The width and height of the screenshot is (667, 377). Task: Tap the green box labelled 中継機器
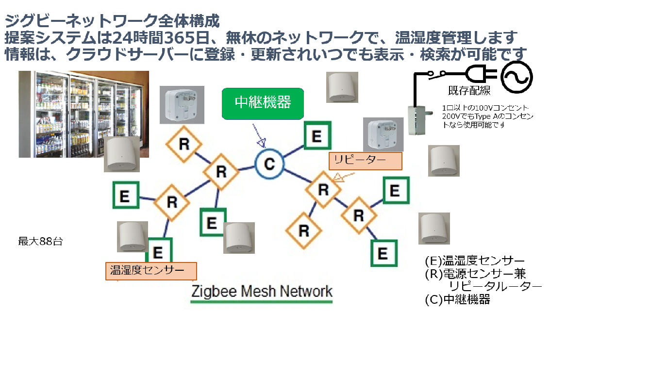pos(263,103)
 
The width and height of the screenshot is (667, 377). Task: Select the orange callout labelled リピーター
pos(366,161)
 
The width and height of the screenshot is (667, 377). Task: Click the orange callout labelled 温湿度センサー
pos(151,271)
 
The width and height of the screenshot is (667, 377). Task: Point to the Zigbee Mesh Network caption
pos(262,291)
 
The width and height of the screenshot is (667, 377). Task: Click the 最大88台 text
pos(40,241)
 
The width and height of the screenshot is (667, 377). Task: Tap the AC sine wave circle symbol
pos(517,77)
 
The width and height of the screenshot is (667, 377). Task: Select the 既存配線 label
pos(469,90)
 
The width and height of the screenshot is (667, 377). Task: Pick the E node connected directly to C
pos(317,135)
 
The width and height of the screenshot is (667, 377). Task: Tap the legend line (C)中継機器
pos(457,299)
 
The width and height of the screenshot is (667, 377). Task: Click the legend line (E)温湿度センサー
pos(475,261)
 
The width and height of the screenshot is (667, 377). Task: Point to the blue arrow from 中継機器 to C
pos(259,135)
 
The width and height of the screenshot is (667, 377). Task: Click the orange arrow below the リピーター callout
pos(343,177)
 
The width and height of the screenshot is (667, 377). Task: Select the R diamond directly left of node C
pos(221,172)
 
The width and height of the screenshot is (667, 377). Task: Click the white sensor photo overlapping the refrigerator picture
pos(122,154)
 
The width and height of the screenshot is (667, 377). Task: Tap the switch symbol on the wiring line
pos(437,74)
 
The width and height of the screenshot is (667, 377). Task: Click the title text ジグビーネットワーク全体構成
pos(112,21)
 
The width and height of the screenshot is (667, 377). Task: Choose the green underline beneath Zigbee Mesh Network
pos(262,302)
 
